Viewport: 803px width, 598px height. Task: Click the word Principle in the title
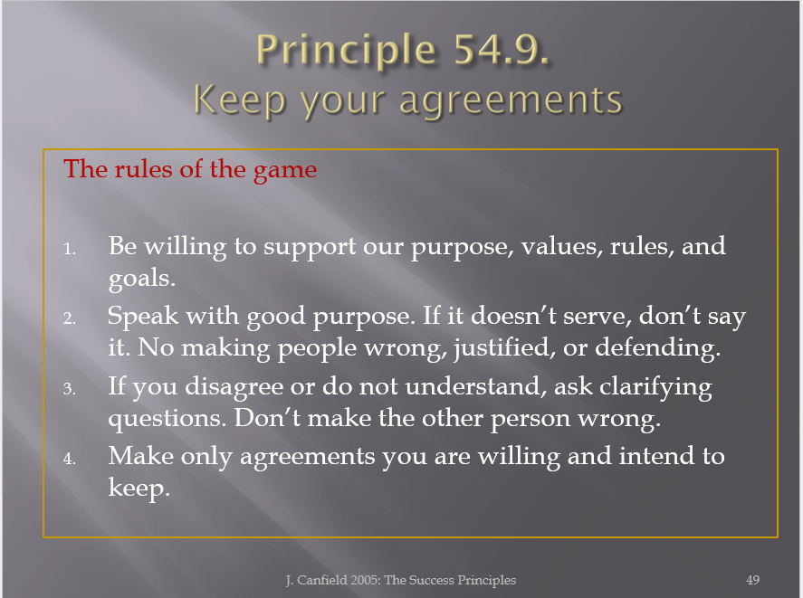tap(346, 50)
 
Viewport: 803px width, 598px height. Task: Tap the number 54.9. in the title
tap(502, 49)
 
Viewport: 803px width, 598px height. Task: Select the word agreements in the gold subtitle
tap(511, 100)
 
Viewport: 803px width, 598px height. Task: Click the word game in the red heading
tap(285, 170)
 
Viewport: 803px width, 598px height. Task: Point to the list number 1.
tap(70, 249)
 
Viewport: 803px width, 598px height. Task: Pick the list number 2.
tap(70, 318)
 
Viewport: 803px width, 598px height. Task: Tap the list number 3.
tap(70, 389)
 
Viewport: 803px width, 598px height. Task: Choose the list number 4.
tap(70, 459)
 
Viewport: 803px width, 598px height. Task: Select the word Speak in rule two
tap(143, 316)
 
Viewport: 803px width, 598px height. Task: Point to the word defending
tap(657, 348)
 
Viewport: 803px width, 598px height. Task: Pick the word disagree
tap(234, 387)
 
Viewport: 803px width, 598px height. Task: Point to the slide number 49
tap(753, 580)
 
